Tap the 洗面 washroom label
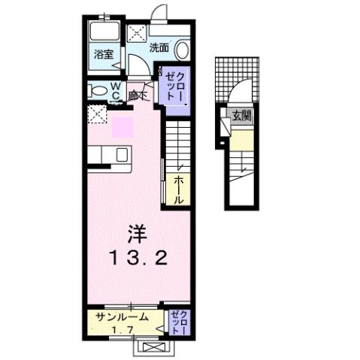pos(159,47)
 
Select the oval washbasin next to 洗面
pos(182,49)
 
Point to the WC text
pos(116,92)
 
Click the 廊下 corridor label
pos(137,95)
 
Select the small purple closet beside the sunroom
pos(178,322)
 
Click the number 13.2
pos(136,259)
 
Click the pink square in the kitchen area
pos(122,126)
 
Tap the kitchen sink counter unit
pos(110,154)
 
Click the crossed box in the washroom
pos(138,35)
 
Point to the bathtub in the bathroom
pos(104,32)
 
